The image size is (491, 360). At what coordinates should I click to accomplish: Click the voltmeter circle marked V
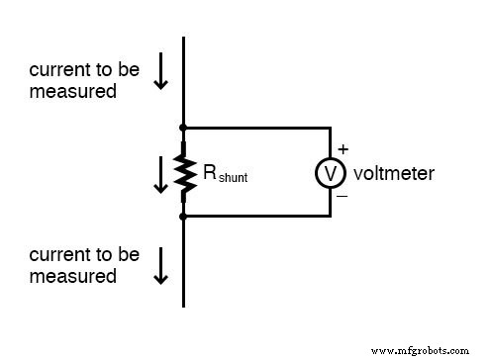pyautogui.click(x=330, y=173)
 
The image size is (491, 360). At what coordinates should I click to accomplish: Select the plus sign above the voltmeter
pyautogui.click(x=344, y=149)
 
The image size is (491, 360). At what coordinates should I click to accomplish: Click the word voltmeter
pyautogui.click(x=393, y=173)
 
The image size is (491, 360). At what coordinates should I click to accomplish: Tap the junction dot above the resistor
pyautogui.click(x=184, y=128)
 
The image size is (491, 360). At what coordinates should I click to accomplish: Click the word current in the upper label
pyautogui.click(x=55, y=70)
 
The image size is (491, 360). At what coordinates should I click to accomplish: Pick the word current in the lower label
pyautogui.click(x=55, y=255)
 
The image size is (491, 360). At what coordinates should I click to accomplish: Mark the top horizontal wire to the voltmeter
pyautogui.click(x=257, y=128)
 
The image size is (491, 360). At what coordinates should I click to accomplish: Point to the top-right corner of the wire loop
pyautogui.click(x=330, y=128)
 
